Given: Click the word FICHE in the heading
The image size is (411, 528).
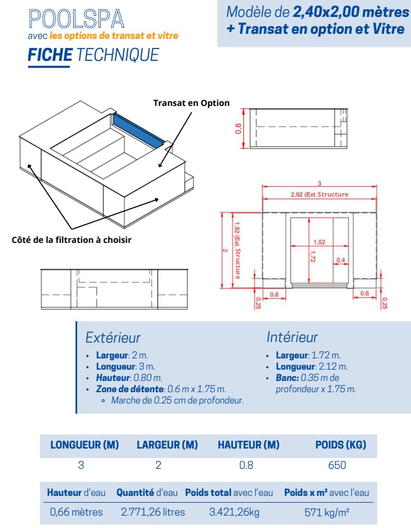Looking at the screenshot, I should (x=50, y=55).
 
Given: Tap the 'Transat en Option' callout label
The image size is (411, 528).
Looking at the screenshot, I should (x=191, y=103).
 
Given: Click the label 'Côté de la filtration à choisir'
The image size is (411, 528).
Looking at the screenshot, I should (x=72, y=240).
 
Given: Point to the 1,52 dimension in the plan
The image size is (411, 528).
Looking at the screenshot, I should (x=319, y=242).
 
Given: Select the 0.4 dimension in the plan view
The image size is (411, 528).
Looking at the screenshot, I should (x=341, y=260).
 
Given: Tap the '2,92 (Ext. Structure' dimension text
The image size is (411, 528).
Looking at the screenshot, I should (x=319, y=194).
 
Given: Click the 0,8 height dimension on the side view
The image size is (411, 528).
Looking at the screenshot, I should (x=238, y=128).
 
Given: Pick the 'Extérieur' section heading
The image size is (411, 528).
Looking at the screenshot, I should (x=113, y=338).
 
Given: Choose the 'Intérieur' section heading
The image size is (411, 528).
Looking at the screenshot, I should (x=292, y=337).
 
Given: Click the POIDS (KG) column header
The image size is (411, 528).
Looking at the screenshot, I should (x=340, y=445).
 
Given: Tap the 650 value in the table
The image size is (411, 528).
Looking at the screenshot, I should (x=338, y=465).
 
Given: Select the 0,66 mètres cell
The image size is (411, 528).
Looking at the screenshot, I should (x=76, y=512).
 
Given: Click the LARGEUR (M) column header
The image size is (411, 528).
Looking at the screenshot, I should (x=167, y=445).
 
